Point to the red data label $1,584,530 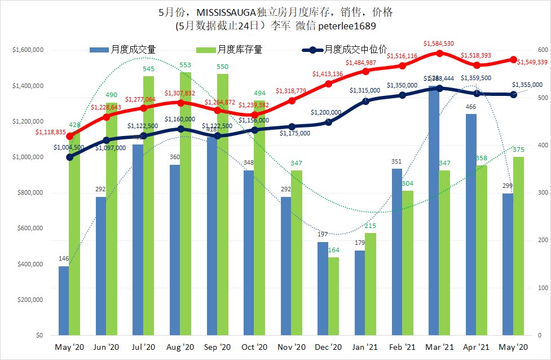point(439,43)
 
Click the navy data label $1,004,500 point(69,147)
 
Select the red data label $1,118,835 point(51,131)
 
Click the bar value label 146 point(64,259)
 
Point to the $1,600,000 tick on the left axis point(28,50)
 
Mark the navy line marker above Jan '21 point(366,100)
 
